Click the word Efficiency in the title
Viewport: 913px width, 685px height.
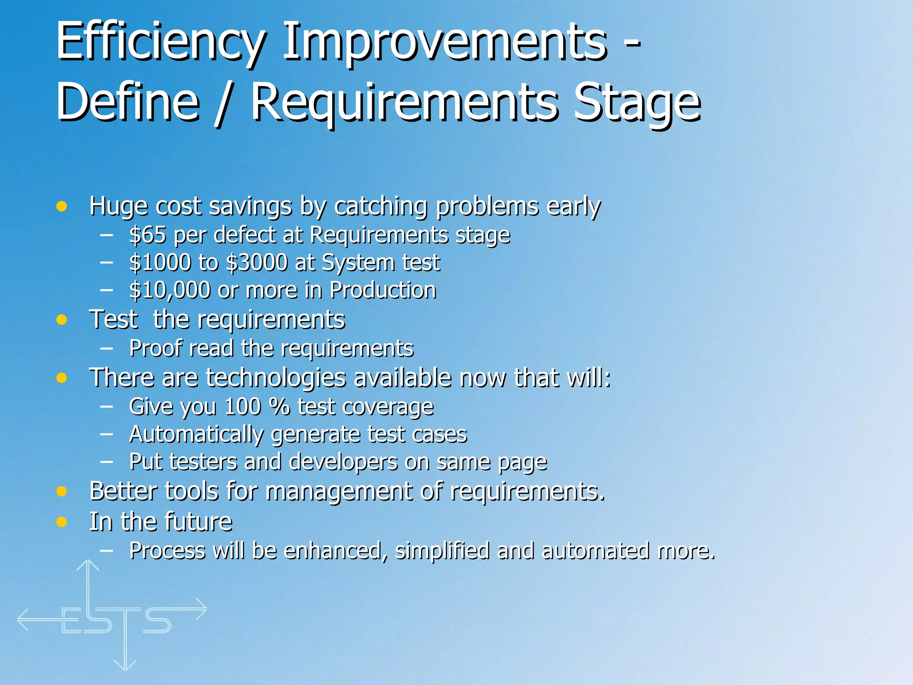click(x=160, y=43)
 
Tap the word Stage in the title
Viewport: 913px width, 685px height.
click(x=637, y=103)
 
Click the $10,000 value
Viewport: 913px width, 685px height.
click(x=169, y=290)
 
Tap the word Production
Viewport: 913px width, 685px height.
click(x=382, y=290)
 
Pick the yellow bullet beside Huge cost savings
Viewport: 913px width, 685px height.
click(x=62, y=206)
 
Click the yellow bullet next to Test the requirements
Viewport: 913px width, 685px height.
click(x=62, y=320)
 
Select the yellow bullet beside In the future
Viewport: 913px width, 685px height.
click(x=62, y=522)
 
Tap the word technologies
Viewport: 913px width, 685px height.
click(x=276, y=378)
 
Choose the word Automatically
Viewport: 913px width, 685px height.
click(x=196, y=434)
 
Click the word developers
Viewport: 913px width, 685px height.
click(x=343, y=462)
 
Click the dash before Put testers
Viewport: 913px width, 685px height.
click(x=106, y=462)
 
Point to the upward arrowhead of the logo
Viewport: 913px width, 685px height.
click(x=88, y=565)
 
